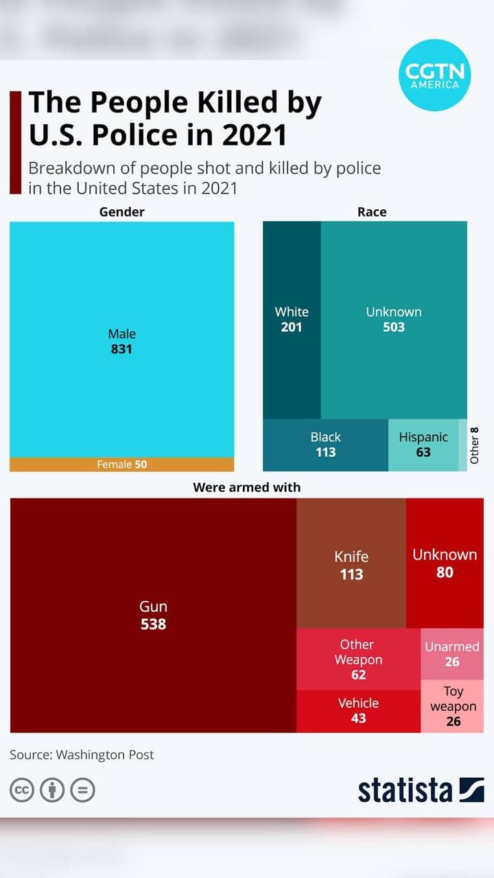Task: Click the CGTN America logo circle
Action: pyautogui.click(x=435, y=75)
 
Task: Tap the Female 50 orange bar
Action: pyautogui.click(x=121, y=464)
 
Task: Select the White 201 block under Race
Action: pyautogui.click(x=292, y=320)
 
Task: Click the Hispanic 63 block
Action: pyautogui.click(x=423, y=444)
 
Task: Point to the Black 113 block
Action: pyautogui.click(x=325, y=444)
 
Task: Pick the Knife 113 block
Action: pyautogui.click(x=351, y=564)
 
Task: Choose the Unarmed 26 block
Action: pyautogui.click(x=451, y=654)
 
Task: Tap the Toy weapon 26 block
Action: pyautogui.click(x=453, y=707)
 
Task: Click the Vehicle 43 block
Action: pyautogui.click(x=358, y=711)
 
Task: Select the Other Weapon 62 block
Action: pyautogui.click(x=358, y=659)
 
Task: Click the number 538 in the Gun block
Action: pyautogui.click(x=153, y=624)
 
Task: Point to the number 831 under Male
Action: pyautogui.click(x=121, y=349)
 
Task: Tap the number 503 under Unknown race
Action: pyautogui.click(x=394, y=327)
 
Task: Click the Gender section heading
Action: pyautogui.click(x=122, y=212)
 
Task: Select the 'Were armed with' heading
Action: pyautogui.click(x=247, y=488)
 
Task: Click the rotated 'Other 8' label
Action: pyautogui.click(x=474, y=445)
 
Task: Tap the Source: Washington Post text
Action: pyautogui.click(x=82, y=755)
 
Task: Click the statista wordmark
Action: pyautogui.click(x=405, y=790)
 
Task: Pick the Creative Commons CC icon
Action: pyautogui.click(x=22, y=790)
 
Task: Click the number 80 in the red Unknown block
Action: pyautogui.click(x=445, y=571)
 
